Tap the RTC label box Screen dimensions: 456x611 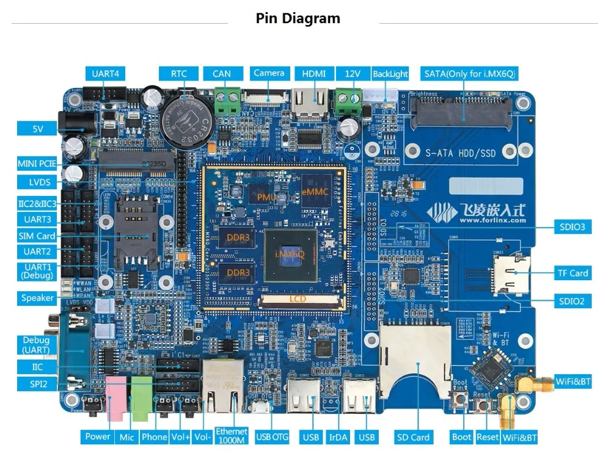tap(178, 74)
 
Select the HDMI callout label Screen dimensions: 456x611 tap(314, 74)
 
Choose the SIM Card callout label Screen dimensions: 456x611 tap(37, 236)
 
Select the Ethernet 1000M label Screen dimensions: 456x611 tap(231, 436)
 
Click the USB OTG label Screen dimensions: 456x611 tap(271, 437)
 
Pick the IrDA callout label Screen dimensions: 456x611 tap(338, 437)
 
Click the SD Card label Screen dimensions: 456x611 tap(413, 437)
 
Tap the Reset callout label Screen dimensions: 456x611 tap(488, 437)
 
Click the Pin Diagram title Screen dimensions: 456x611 tap(298, 18)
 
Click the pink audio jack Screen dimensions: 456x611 tap(115, 398)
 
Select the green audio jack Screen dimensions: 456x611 tap(142, 397)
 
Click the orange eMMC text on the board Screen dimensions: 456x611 tap(315, 191)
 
